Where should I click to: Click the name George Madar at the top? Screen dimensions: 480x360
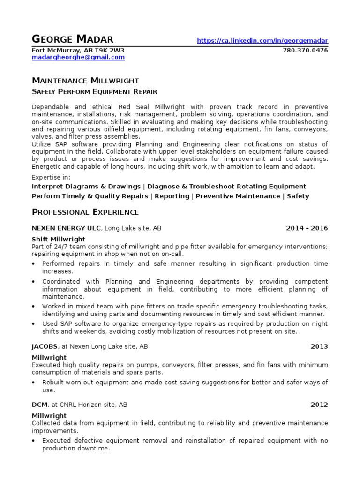(73, 39)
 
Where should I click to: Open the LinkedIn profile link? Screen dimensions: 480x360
(262, 41)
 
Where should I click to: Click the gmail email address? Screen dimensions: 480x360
(78, 57)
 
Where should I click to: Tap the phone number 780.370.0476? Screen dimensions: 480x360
(306, 50)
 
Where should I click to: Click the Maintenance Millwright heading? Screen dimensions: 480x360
(85, 81)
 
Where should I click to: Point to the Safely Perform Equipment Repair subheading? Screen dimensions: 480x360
(94, 91)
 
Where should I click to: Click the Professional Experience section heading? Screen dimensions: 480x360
(85, 212)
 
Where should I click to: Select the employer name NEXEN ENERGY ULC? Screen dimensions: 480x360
(66, 228)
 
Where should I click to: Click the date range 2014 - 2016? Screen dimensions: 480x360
(307, 228)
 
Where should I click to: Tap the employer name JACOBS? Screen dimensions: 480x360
(45, 346)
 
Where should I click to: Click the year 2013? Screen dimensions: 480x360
(319, 346)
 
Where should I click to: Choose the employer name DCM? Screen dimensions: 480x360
(39, 405)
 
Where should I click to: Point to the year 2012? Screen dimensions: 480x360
(319, 405)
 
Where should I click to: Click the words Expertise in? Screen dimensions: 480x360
(51, 178)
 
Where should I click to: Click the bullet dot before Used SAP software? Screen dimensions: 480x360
(34, 324)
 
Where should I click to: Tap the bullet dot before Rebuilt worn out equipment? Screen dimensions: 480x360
(34, 382)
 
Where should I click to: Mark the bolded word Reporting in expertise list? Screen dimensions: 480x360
(172, 196)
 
